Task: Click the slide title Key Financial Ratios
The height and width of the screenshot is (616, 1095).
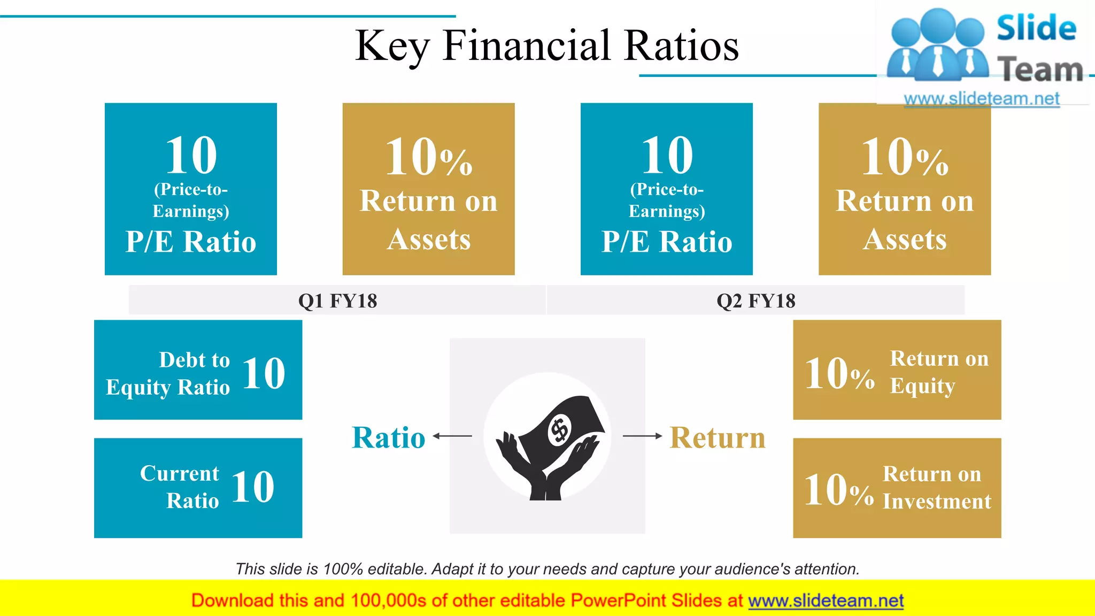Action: (x=546, y=46)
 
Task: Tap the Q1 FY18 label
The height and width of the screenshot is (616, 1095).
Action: (x=337, y=301)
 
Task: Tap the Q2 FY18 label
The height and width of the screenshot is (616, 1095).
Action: (x=755, y=301)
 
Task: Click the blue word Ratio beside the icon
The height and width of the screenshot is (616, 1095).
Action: (x=389, y=437)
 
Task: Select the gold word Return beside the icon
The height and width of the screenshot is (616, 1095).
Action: (x=717, y=437)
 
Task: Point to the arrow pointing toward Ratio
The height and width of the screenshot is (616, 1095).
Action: (x=452, y=436)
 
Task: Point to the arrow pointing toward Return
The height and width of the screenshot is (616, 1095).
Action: (x=643, y=436)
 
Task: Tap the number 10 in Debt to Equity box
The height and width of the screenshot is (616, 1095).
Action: (x=264, y=373)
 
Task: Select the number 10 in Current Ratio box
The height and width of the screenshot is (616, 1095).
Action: (x=253, y=487)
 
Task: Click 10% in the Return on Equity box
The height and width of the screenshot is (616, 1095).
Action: (x=839, y=373)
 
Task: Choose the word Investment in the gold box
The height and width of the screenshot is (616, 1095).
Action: (x=937, y=502)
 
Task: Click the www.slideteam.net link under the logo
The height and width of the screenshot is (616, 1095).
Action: (x=981, y=99)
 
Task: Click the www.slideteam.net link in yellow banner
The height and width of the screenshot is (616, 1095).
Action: (x=826, y=600)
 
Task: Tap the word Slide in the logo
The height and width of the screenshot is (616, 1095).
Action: (x=1036, y=28)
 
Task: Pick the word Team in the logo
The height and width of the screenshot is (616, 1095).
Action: (x=1039, y=70)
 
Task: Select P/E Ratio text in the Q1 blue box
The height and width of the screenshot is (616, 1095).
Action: (x=191, y=242)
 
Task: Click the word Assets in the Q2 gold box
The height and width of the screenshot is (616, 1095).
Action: (x=905, y=239)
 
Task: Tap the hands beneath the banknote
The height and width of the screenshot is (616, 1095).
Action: (x=545, y=471)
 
